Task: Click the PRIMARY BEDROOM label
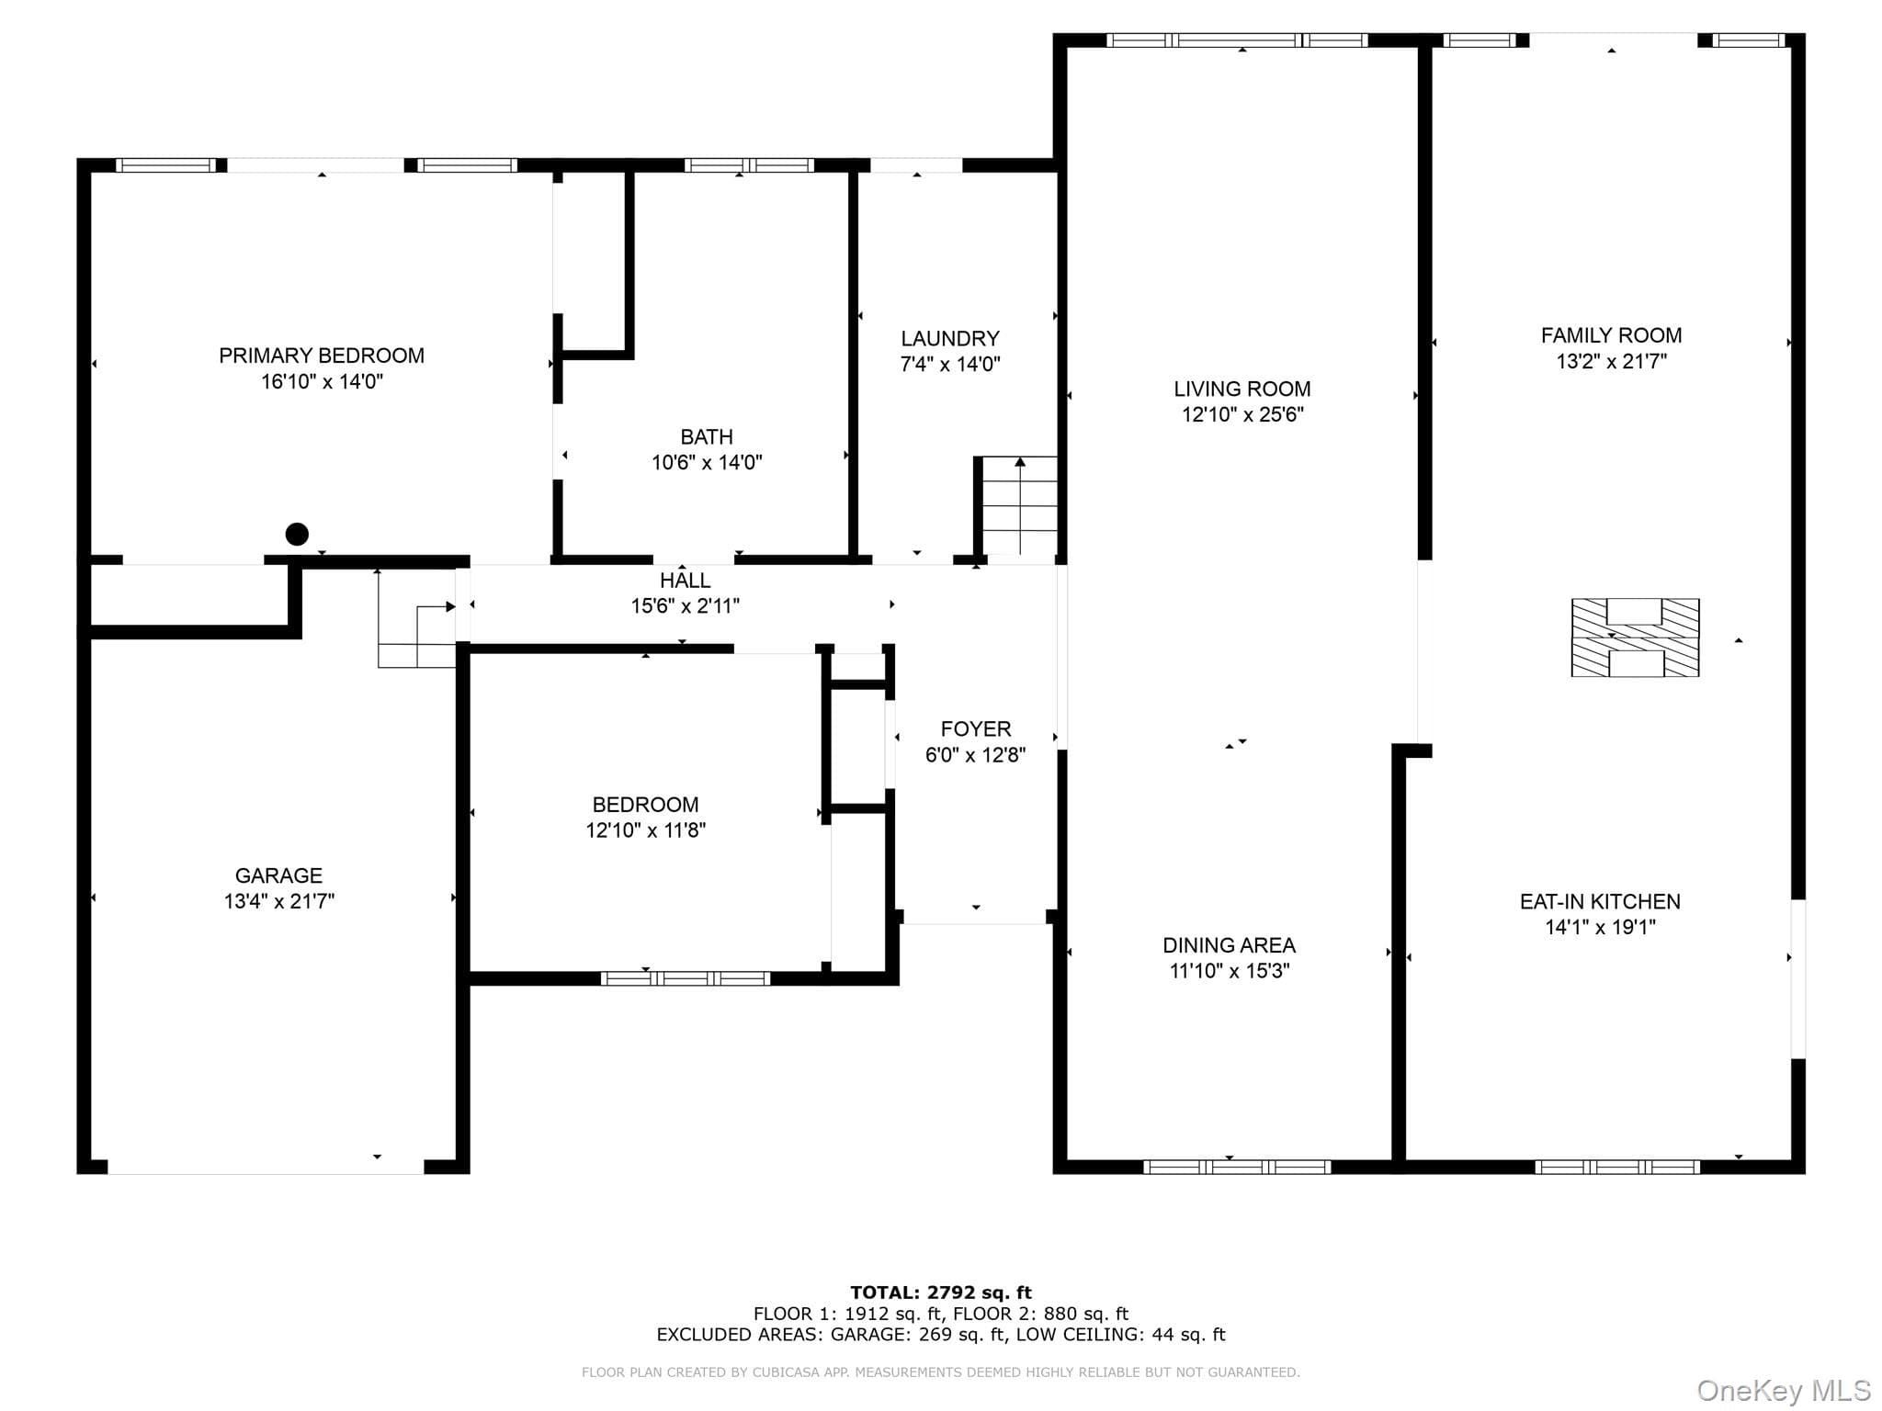pyautogui.click(x=322, y=356)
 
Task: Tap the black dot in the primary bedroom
pyautogui.click(x=297, y=534)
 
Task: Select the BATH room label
pyautogui.click(x=707, y=437)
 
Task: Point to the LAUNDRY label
pyautogui.click(x=950, y=339)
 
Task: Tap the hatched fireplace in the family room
pyautogui.click(x=1635, y=638)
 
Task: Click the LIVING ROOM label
pyautogui.click(x=1242, y=389)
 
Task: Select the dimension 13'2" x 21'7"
pyautogui.click(x=1611, y=362)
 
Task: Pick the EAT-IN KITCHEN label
pyautogui.click(x=1600, y=902)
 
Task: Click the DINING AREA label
pyautogui.click(x=1230, y=945)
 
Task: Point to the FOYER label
pyautogui.click(x=976, y=729)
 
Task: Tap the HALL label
pyautogui.click(x=685, y=581)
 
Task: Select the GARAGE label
pyautogui.click(x=278, y=876)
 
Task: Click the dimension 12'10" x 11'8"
pyautogui.click(x=646, y=830)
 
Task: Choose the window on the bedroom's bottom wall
pyautogui.click(x=686, y=978)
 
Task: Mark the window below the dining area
pyautogui.click(x=1237, y=1167)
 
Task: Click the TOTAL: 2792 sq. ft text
pyautogui.click(x=941, y=1292)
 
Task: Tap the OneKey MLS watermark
pyautogui.click(x=1784, y=1391)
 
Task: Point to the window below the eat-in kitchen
pyautogui.click(x=1617, y=1167)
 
